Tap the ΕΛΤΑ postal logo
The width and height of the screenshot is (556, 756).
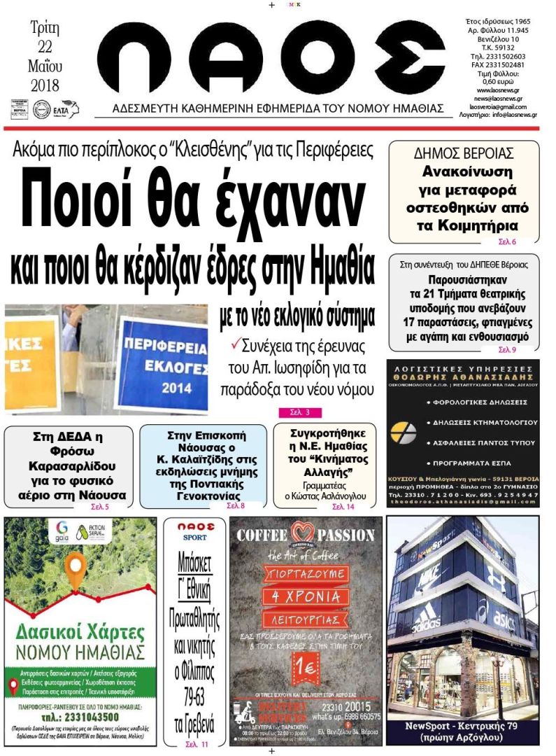(66, 108)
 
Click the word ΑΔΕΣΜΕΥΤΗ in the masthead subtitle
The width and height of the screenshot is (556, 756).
(148, 108)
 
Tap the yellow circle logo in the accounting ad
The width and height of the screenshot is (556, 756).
(404, 433)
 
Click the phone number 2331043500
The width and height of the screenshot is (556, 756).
(81, 717)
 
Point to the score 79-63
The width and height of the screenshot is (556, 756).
(194, 697)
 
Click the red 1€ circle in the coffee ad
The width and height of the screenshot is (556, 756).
(306, 667)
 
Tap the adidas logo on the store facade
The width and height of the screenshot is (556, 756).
(426, 622)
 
